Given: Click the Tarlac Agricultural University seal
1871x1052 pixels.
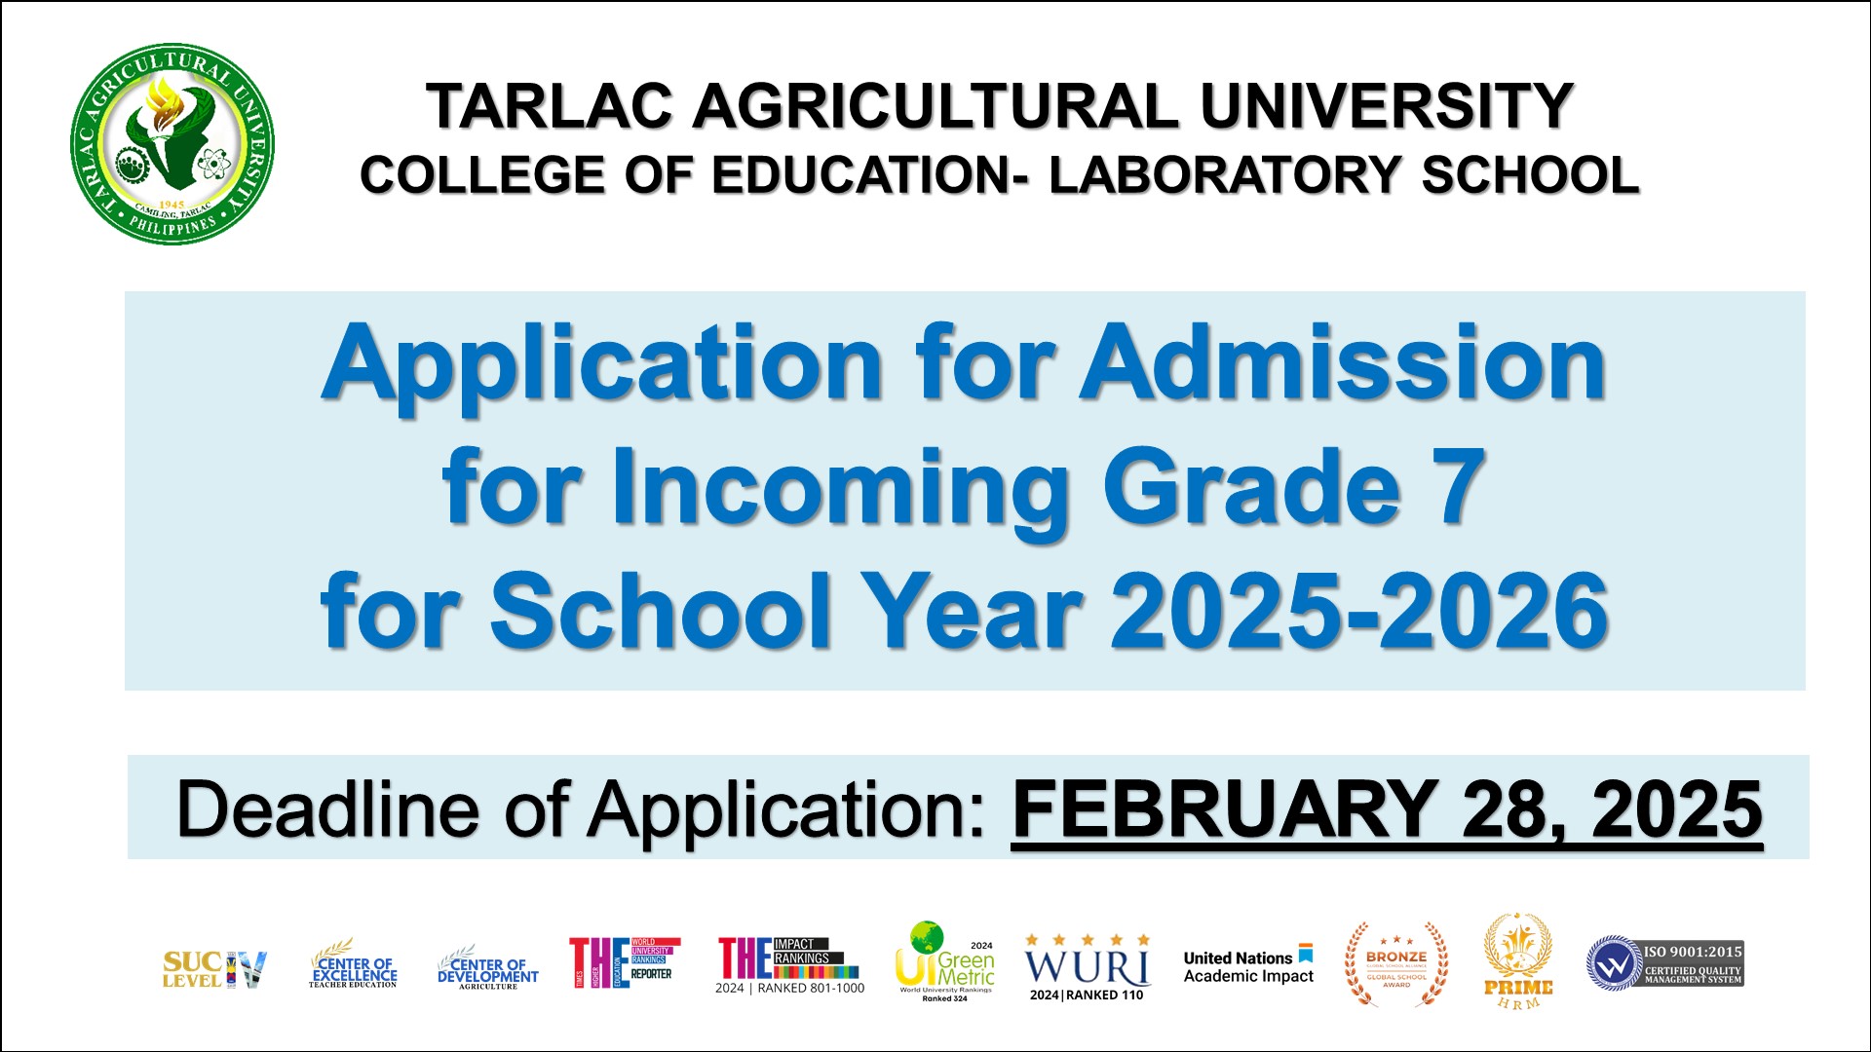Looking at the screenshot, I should click(172, 143).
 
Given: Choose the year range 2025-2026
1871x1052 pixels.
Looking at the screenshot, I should click(1359, 612).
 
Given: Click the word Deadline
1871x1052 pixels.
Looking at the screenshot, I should click(327, 809).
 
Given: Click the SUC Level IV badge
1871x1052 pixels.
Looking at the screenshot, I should click(213, 969).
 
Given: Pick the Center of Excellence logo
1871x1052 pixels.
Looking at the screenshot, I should click(353, 966).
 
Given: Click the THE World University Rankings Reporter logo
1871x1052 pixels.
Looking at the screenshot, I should click(624, 962).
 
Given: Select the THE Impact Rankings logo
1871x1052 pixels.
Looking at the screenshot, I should click(789, 964).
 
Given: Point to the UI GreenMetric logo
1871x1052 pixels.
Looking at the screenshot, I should click(944, 962).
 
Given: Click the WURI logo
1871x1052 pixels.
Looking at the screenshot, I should click(1087, 967).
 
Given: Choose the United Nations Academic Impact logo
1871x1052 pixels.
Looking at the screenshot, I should click(1248, 966).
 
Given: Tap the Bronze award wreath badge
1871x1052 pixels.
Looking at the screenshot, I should click(1396, 964).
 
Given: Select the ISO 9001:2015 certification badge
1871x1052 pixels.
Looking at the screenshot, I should click(1664, 963).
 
